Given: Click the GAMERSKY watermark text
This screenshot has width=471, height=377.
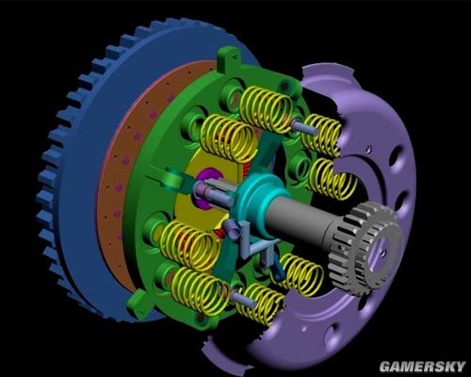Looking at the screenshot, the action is click(422, 367).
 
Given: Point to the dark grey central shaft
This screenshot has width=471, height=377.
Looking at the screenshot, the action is click(301, 220).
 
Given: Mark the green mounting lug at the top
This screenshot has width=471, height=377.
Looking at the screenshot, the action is click(228, 58).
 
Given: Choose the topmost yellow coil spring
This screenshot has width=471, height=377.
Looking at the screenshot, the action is click(267, 108).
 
